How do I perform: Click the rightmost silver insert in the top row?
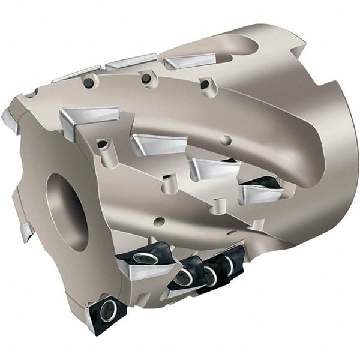point(189,60)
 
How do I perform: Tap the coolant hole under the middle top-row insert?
point(145,79)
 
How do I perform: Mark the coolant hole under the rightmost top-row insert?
point(205,85)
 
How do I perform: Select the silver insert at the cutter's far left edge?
point(10,120)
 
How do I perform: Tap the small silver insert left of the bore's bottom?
point(26,230)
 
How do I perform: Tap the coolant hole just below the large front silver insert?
point(103,144)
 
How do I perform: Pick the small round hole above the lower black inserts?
point(159,221)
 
